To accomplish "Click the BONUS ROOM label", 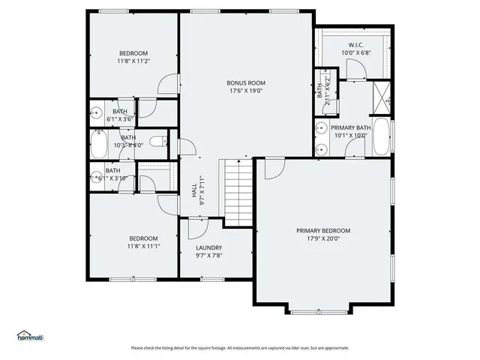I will click(x=246, y=82).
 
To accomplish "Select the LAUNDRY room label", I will click(x=208, y=247).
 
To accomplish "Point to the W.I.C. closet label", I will click(x=355, y=45).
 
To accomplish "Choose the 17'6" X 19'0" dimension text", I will click(x=246, y=92).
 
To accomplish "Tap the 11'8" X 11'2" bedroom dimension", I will click(x=133, y=62).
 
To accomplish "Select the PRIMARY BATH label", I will click(x=351, y=128).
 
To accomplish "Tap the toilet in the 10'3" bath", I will click(x=158, y=140).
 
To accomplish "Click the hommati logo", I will click(x=30, y=335).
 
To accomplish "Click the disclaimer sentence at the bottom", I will click(x=240, y=347).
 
